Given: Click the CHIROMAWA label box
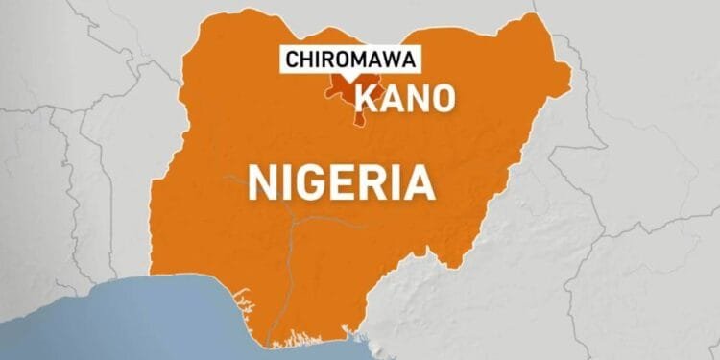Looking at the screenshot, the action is tap(349, 60).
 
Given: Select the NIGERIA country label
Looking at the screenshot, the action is tap(340, 180).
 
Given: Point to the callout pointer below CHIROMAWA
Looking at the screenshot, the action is tap(349, 78).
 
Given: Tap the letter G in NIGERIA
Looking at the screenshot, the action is tap(315, 180).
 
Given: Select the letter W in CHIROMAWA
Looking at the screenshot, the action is tap(390, 60).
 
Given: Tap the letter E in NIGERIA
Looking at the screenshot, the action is tap(350, 180).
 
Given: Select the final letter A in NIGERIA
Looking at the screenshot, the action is tap(419, 180).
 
